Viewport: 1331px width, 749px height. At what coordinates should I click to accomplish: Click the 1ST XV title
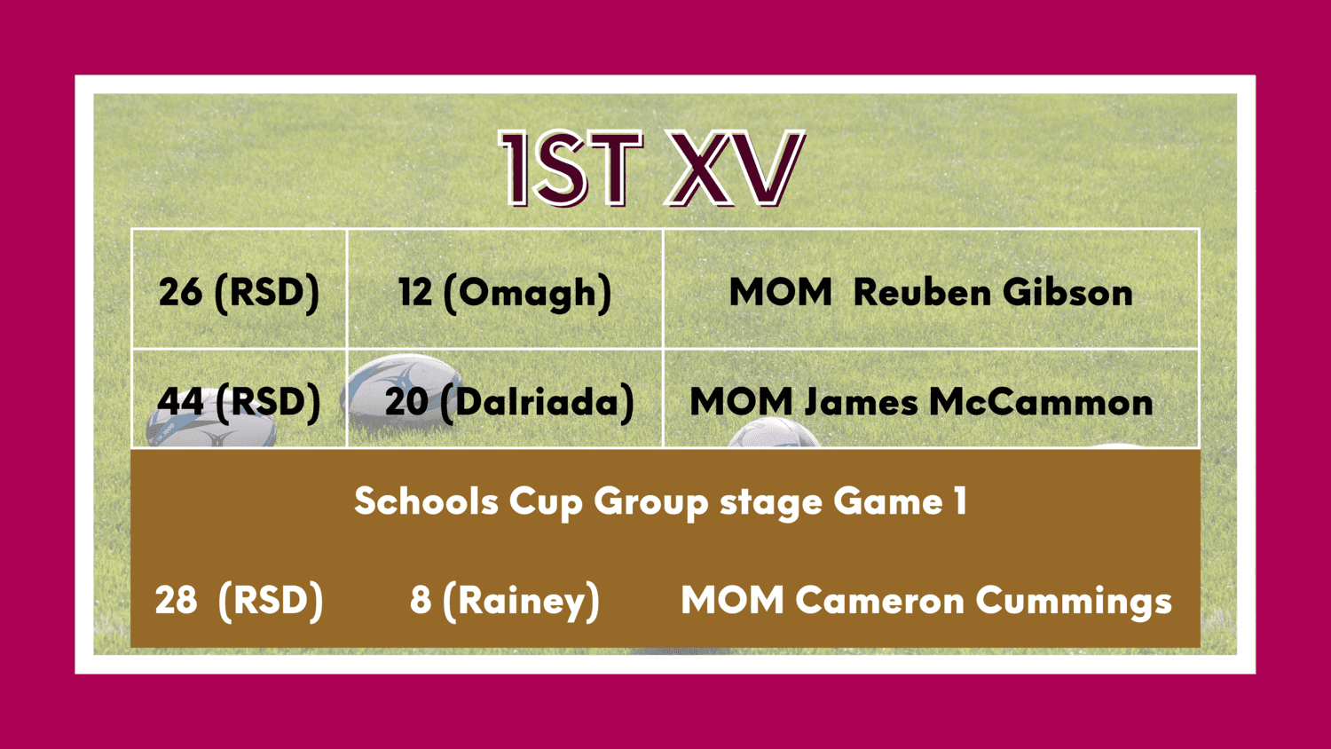652,169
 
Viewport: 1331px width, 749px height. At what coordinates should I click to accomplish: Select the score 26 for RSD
180,292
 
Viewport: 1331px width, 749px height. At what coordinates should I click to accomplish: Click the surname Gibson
1067,293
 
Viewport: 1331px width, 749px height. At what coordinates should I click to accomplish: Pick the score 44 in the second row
180,401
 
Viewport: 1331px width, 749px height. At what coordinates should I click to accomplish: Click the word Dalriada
537,402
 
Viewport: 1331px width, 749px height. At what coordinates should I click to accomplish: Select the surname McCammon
1041,402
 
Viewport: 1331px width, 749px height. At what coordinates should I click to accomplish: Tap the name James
862,402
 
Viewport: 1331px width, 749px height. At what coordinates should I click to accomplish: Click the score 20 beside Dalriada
407,401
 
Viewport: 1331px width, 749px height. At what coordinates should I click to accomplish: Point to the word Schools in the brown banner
426,501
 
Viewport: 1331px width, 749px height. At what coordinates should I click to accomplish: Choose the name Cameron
879,600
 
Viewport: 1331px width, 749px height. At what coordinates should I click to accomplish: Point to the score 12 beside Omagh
415,292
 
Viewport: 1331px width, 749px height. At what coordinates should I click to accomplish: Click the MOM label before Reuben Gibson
780,293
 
